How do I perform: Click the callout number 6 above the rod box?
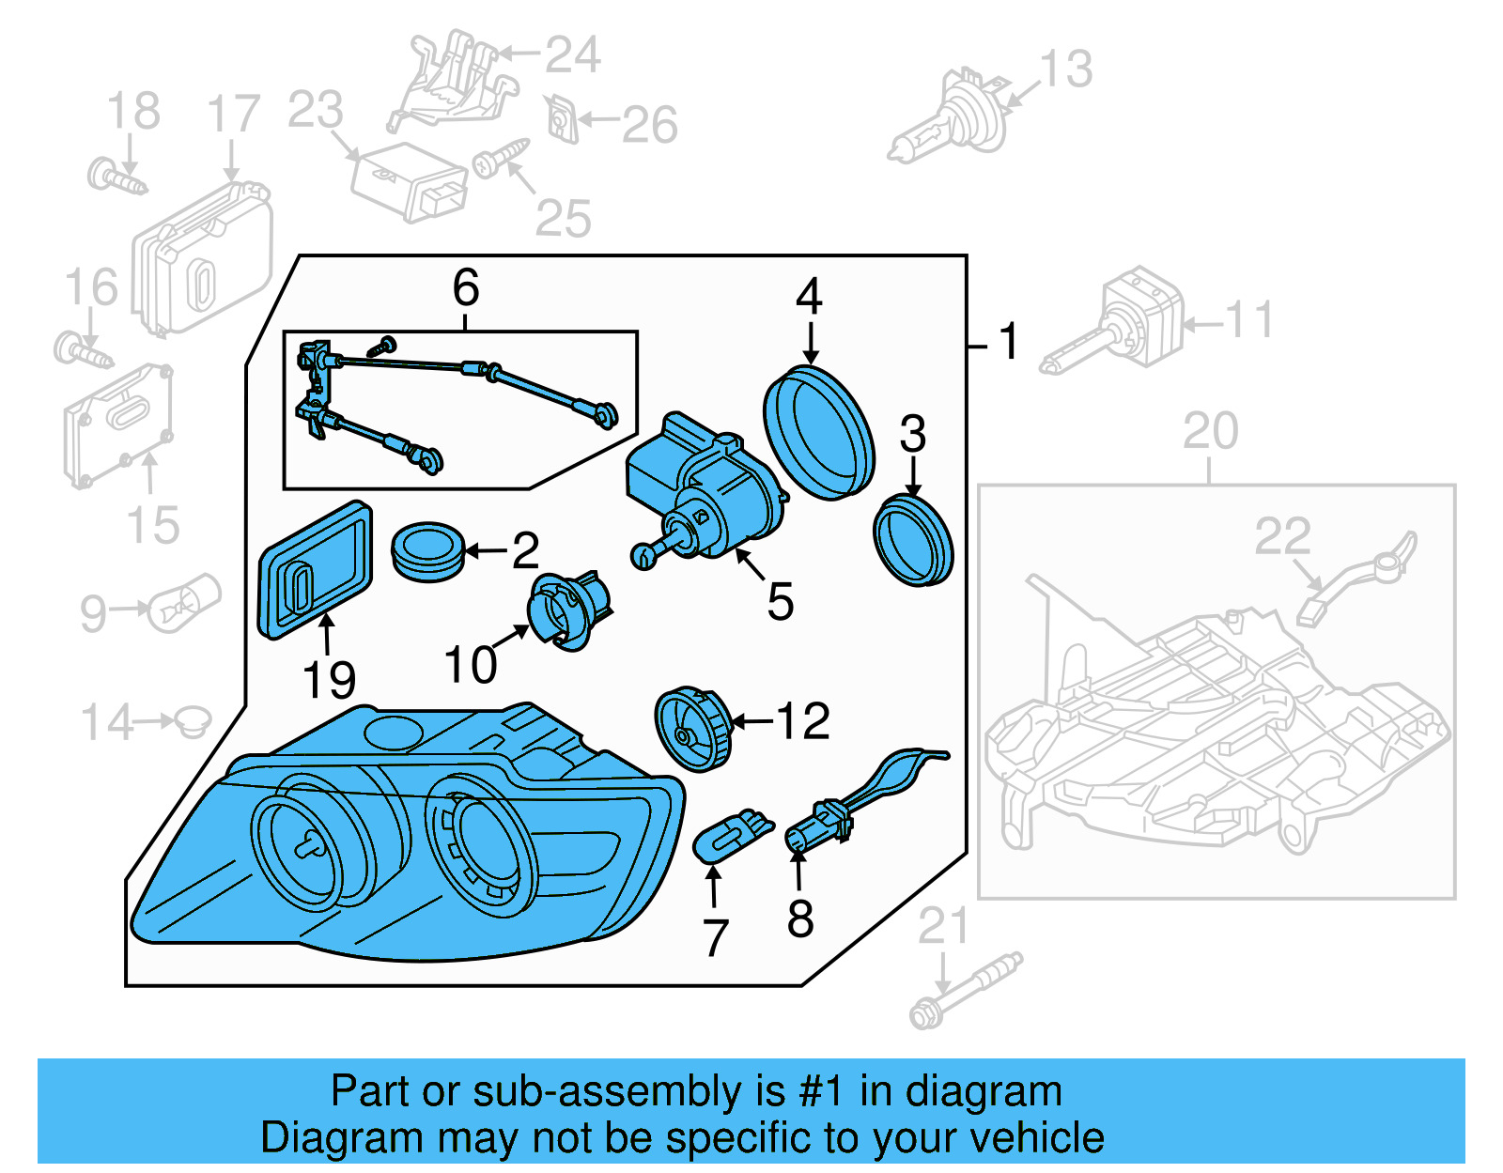click(x=466, y=288)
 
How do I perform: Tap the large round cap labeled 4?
click(x=818, y=432)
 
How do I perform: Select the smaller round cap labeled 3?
click(x=912, y=542)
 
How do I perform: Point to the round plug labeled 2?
click(x=427, y=551)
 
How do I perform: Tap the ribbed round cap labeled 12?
click(x=691, y=729)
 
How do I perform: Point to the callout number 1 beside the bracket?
click(x=1009, y=341)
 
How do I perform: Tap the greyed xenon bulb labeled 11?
click(x=1118, y=324)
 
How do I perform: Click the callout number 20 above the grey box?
click(x=1210, y=432)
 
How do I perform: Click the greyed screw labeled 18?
click(x=116, y=177)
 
